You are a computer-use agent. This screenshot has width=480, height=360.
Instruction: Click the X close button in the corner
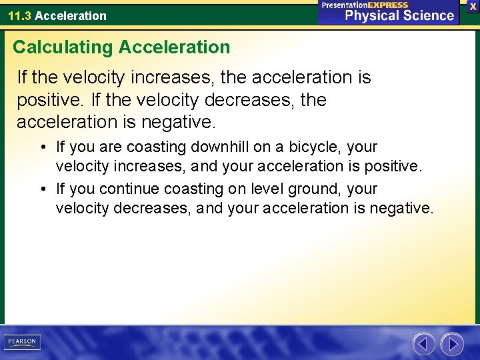(473, 6)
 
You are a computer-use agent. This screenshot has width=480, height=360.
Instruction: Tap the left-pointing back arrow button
(423, 344)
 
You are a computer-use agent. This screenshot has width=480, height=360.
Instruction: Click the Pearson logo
(22, 342)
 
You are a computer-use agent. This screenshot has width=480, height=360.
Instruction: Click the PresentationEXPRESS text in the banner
(365, 5)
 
